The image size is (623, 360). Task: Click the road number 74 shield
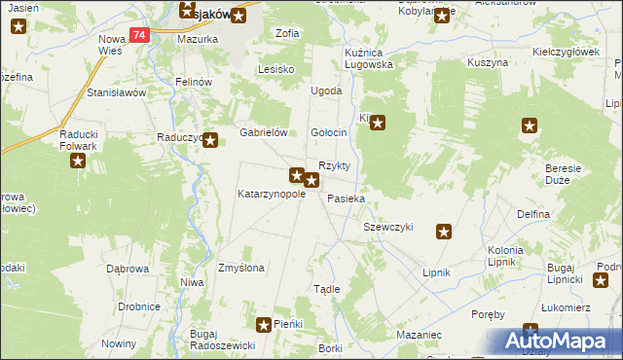[x=139, y=35]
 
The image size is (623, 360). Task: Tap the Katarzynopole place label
[x=272, y=194]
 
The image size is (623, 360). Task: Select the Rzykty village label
[x=334, y=165]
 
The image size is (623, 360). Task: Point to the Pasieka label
[x=346, y=198]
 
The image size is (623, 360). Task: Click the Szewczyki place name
[x=388, y=227]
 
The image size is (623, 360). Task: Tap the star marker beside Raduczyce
[x=209, y=140]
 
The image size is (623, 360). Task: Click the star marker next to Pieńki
[x=264, y=324]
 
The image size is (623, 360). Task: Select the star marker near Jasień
[x=16, y=25]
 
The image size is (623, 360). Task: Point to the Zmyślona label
[x=241, y=267]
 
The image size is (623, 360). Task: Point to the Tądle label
[x=326, y=289]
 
